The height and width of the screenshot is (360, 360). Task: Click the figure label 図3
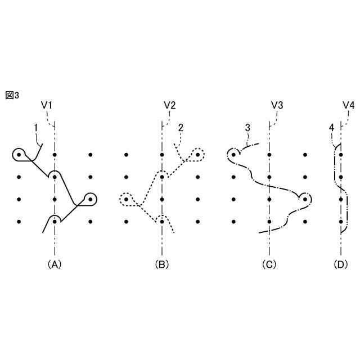coord(12,95)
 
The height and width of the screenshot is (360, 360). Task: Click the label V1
coord(47,105)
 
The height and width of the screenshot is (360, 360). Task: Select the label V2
coord(169,105)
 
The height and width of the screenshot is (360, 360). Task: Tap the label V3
coord(277,105)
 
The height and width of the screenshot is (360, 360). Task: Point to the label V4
coord(348,105)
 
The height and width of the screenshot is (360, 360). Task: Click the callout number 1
coord(35,128)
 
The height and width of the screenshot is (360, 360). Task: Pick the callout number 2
coord(181,128)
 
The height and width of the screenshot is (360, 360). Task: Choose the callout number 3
coord(247,128)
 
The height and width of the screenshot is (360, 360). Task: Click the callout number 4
coord(332,128)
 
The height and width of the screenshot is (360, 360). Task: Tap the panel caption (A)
coord(54,263)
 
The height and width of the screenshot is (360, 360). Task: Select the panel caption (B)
coord(162,263)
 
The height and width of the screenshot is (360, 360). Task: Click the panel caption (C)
coord(269,263)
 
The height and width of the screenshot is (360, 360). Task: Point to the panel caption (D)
coord(341,263)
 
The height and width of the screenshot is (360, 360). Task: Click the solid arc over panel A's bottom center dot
coord(54,215)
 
